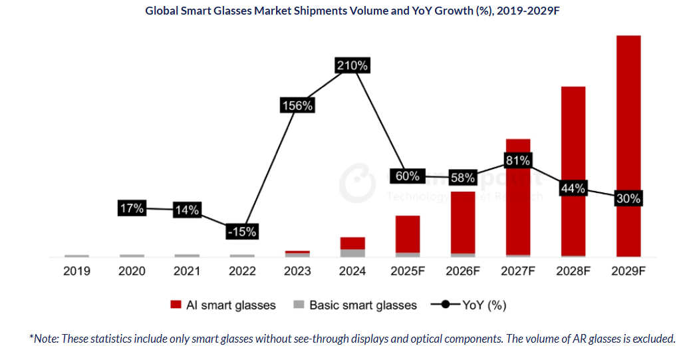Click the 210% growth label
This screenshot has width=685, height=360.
point(352,66)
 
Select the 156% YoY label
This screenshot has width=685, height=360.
point(297,106)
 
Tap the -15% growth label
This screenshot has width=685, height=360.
point(242,232)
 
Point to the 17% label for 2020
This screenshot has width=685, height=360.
point(132,208)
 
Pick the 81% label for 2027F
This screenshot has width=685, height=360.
point(517,160)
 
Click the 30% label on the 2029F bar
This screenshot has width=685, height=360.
point(628,198)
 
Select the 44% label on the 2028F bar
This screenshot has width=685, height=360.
point(573,188)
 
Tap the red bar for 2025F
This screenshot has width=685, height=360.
point(408,234)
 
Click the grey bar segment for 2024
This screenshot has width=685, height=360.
point(352,253)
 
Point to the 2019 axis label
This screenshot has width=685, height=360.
point(77,271)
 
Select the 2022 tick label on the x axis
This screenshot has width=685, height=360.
point(242,271)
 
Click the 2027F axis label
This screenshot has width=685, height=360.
point(517,271)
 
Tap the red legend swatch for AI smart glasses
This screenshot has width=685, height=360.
point(176,305)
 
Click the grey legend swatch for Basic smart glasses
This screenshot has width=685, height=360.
point(299,305)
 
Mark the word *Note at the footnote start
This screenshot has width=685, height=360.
point(43,339)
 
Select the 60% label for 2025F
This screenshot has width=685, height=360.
point(408,176)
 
